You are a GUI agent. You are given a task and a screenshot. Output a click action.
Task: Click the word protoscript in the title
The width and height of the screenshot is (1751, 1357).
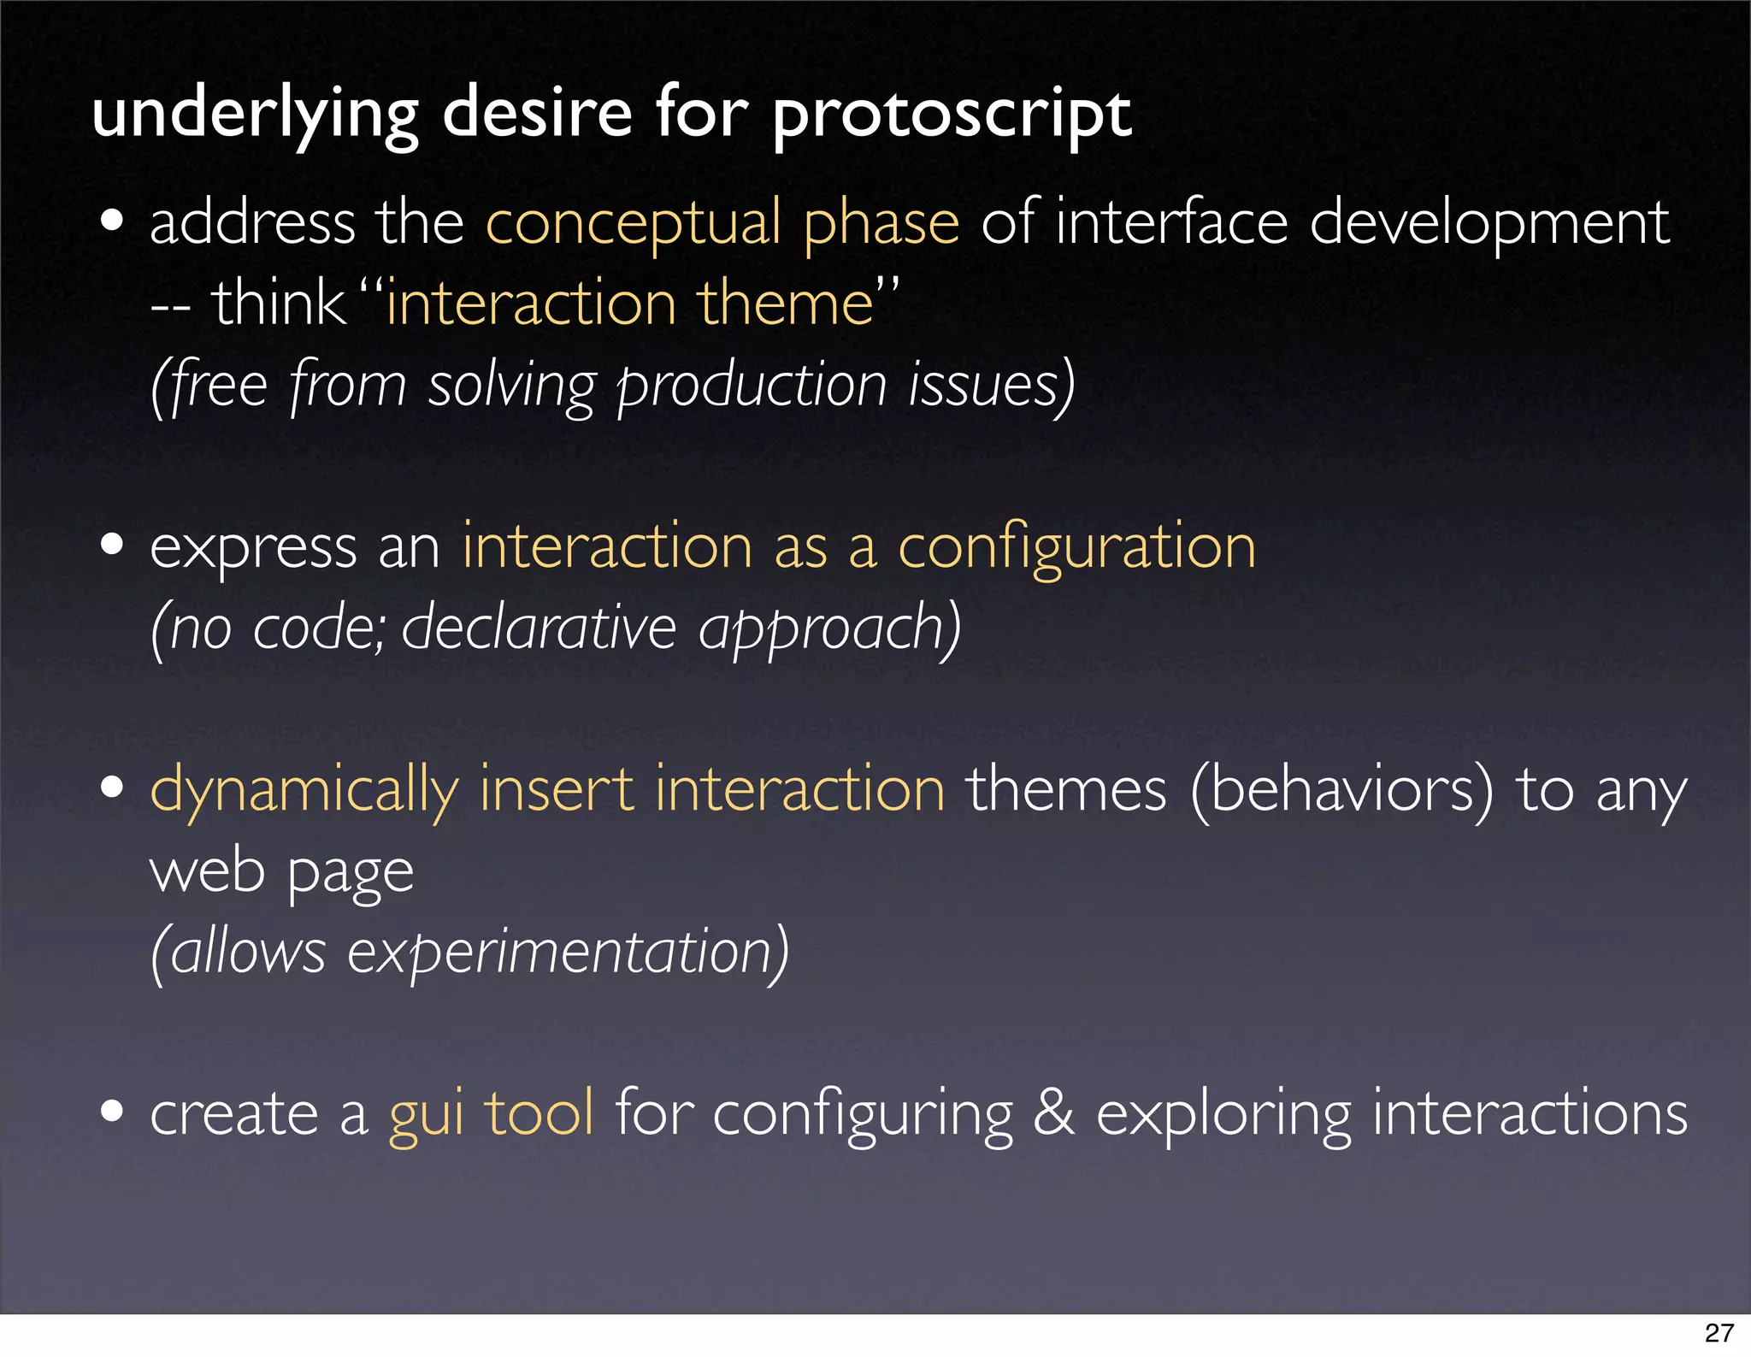952,115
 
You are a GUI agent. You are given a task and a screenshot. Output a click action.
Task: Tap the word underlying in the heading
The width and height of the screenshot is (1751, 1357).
255,115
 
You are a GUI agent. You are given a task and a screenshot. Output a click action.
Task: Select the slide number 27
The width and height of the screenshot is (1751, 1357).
1719,1332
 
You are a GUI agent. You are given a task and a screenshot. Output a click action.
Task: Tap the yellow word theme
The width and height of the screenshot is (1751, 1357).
785,304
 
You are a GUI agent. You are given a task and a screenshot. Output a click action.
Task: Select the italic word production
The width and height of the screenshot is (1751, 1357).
752,385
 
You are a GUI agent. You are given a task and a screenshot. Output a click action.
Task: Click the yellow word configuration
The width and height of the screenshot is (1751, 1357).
1076,547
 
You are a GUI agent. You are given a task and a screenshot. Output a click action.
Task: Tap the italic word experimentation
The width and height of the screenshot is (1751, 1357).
568,952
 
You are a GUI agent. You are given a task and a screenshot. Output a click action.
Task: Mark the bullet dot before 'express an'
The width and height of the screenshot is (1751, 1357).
112,545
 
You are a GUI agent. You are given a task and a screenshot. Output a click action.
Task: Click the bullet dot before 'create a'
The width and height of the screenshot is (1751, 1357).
112,1111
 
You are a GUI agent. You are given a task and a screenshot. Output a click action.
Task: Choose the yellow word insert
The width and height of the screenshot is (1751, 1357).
557,788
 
